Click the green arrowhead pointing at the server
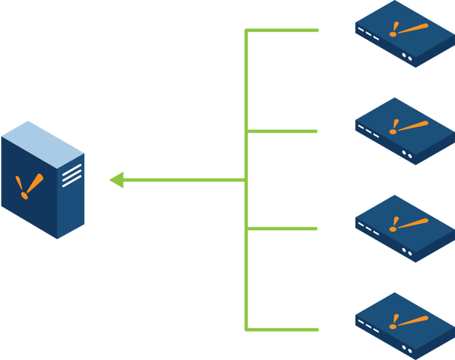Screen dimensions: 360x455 [x=116, y=180]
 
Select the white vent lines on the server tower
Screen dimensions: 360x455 [x=72, y=175]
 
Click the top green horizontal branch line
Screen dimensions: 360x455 [x=283, y=30]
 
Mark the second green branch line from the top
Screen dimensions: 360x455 [x=283, y=131]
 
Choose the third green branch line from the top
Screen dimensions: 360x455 [x=283, y=229]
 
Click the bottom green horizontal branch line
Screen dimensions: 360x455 [x=283, y=330]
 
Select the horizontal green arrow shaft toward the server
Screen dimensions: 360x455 [x=184, y=180]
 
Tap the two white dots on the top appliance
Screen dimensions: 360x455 [x=407, y=56]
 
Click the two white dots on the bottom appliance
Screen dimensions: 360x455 [x=407, y=349]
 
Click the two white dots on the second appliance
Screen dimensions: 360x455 [x=407, y=154]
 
